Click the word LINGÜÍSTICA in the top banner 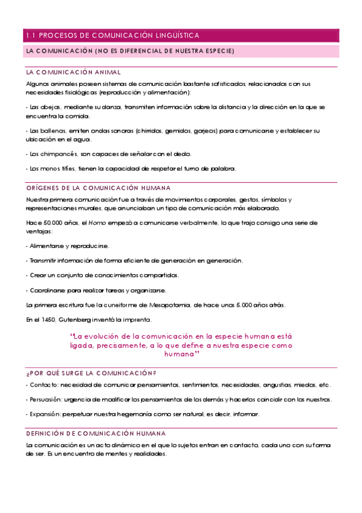[175, 36]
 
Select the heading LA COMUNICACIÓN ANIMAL [74, 72]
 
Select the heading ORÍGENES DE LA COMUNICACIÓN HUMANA [99, 188]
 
